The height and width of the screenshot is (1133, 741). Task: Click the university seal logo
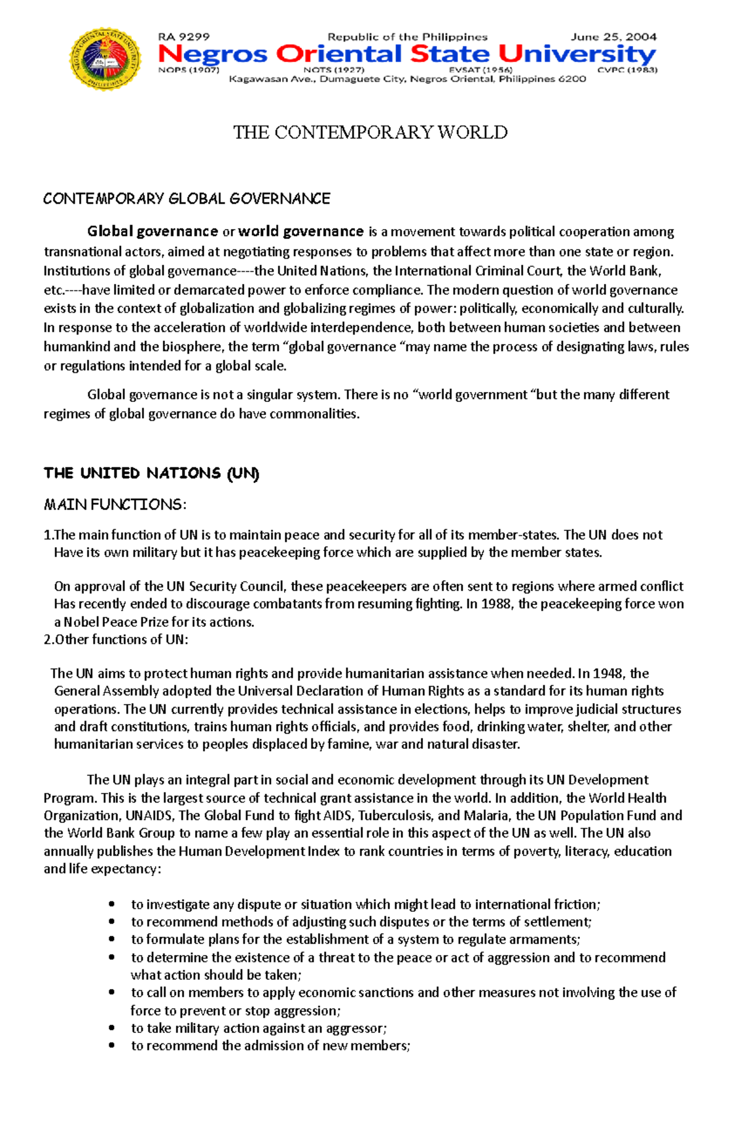(x=106, y=59)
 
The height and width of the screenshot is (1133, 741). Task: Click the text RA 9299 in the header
(x=183, y=37)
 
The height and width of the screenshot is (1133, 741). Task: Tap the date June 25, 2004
(x=613, y=37)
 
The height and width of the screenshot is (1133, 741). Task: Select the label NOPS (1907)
(x=188, y=70)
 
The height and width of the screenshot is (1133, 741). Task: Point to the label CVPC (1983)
(x=627, y=70)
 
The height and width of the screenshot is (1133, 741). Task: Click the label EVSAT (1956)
(x=480, y=70)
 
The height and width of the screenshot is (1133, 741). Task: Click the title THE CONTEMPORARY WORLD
(x=370, y=132)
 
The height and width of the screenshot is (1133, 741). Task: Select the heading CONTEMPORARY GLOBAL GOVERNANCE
(x=186, y=199)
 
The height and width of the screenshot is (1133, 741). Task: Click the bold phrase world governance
(x=301, y=232)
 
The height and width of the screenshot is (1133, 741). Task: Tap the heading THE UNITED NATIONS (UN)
(x=151, y=474)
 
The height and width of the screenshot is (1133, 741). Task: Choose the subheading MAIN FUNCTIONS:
(x=115, y=504)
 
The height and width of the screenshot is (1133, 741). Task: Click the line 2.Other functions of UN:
(x=116, y=640)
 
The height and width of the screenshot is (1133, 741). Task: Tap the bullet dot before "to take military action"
(x=112, y=1029)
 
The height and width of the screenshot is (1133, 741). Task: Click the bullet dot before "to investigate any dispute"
(x=112, y=905)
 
